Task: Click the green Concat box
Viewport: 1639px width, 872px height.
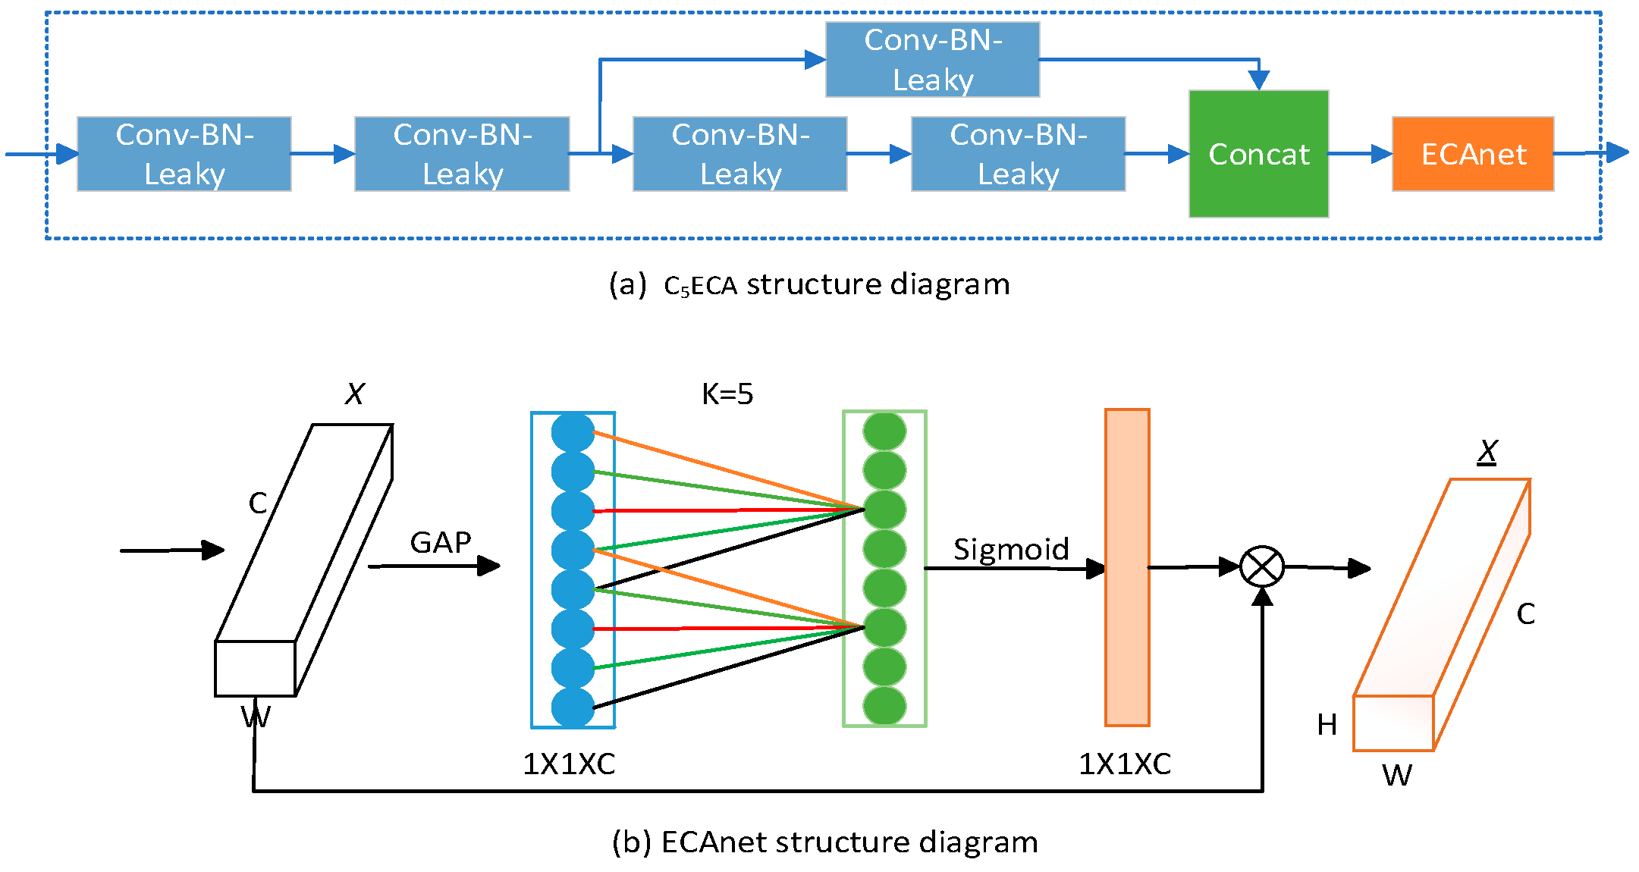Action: pos(1258,154)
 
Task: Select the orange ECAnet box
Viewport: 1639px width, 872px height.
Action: pos(1472,154)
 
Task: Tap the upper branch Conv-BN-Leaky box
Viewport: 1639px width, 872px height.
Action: pos(932,60)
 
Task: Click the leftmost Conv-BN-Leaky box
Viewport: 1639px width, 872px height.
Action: pos(184,154)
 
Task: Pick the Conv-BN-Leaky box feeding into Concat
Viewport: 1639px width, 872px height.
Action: pos(1018,154)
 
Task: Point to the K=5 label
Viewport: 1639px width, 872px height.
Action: pos(727,394)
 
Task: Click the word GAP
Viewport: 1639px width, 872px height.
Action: pos(440,542)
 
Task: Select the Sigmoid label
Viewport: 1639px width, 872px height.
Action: pos(1010,549)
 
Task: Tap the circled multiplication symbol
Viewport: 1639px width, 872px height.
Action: pos(1262,566)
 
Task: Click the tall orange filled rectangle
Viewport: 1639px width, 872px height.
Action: pos(1127,567)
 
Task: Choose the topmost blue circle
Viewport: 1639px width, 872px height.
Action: pos(573,432)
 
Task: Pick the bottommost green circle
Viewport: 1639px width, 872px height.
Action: pos(884,705)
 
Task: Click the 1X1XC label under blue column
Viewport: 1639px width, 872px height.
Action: pos(569,764)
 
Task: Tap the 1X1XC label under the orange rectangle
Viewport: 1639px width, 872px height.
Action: pos(1125,764)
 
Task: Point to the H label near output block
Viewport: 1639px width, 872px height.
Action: pos(1327,725)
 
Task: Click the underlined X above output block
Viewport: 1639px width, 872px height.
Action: pos(1487,452)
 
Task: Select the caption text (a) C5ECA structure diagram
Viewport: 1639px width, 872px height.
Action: pos(809,284)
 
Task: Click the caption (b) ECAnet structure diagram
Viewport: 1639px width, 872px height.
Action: pos(824,842)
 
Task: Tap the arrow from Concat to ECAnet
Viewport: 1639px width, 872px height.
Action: pos(1360,154)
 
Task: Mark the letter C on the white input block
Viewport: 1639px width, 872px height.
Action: pos(258,503)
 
